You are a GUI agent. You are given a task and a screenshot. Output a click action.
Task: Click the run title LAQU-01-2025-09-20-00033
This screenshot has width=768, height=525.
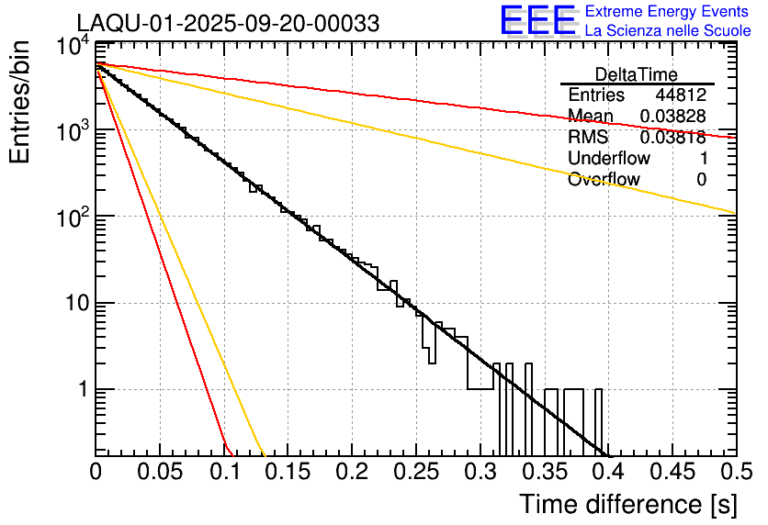point(227,24)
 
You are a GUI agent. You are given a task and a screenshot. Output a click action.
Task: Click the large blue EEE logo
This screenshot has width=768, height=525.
point(537,22)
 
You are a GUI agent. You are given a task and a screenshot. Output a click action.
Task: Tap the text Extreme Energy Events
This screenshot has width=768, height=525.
point(667,12)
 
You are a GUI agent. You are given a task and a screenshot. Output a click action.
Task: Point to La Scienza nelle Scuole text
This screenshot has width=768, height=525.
point(667,31)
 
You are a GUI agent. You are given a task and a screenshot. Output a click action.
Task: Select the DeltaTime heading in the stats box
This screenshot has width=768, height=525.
point(637,74)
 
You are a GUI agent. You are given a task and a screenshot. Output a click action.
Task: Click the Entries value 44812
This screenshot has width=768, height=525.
point(681,95)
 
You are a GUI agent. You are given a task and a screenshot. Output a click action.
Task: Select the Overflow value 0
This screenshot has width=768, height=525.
point(701,180)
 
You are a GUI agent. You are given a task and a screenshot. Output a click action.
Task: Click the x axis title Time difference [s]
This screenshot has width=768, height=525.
point(627,504)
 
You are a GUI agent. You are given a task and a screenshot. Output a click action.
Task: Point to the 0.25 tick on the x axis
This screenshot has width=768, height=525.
point(415,474)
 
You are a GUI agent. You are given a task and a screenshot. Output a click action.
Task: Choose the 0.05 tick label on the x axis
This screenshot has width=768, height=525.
point(160,474)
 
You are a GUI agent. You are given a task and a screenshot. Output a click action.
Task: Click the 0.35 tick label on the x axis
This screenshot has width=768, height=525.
point(543,474)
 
